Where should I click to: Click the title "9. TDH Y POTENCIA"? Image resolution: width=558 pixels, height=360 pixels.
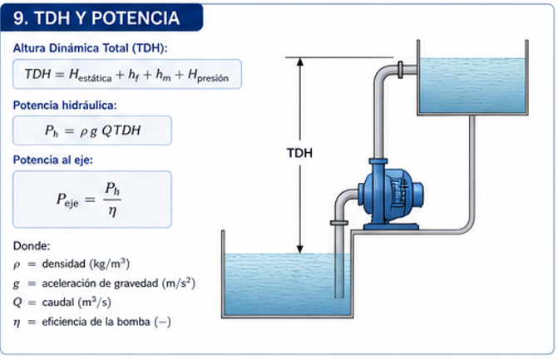[96, 17]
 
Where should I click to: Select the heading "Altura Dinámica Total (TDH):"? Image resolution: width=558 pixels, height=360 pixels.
[90, 48]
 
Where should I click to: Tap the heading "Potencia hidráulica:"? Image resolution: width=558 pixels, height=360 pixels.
[65, 106]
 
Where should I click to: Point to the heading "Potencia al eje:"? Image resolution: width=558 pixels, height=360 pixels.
[53, 160]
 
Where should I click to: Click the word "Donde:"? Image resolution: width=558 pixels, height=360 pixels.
[32, 246]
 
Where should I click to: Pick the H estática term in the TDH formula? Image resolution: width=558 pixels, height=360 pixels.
[90, 75]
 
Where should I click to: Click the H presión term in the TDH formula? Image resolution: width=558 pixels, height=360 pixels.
[208, 76]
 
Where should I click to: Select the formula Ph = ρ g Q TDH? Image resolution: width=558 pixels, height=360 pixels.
[92, 131]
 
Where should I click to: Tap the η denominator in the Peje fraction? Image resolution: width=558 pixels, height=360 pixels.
[112, 211]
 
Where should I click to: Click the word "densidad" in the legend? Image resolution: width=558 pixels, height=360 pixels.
[64, 264]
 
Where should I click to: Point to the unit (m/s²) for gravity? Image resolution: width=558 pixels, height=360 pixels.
[179, 284]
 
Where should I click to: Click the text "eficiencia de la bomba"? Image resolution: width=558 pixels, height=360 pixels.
[96, 322]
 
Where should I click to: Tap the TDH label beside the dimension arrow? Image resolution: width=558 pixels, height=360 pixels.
[299, 153]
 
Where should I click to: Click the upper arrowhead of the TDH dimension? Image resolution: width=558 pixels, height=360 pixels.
[300, 62]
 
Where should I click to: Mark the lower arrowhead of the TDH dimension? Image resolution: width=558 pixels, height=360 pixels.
[300, 249]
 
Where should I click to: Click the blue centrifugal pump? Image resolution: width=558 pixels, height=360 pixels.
[392, 195]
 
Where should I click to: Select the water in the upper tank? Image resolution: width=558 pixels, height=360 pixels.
[472, 86]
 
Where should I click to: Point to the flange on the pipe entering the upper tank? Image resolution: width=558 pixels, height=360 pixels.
[400, 70]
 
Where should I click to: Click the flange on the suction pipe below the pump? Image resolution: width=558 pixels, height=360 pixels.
[339, 223]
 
